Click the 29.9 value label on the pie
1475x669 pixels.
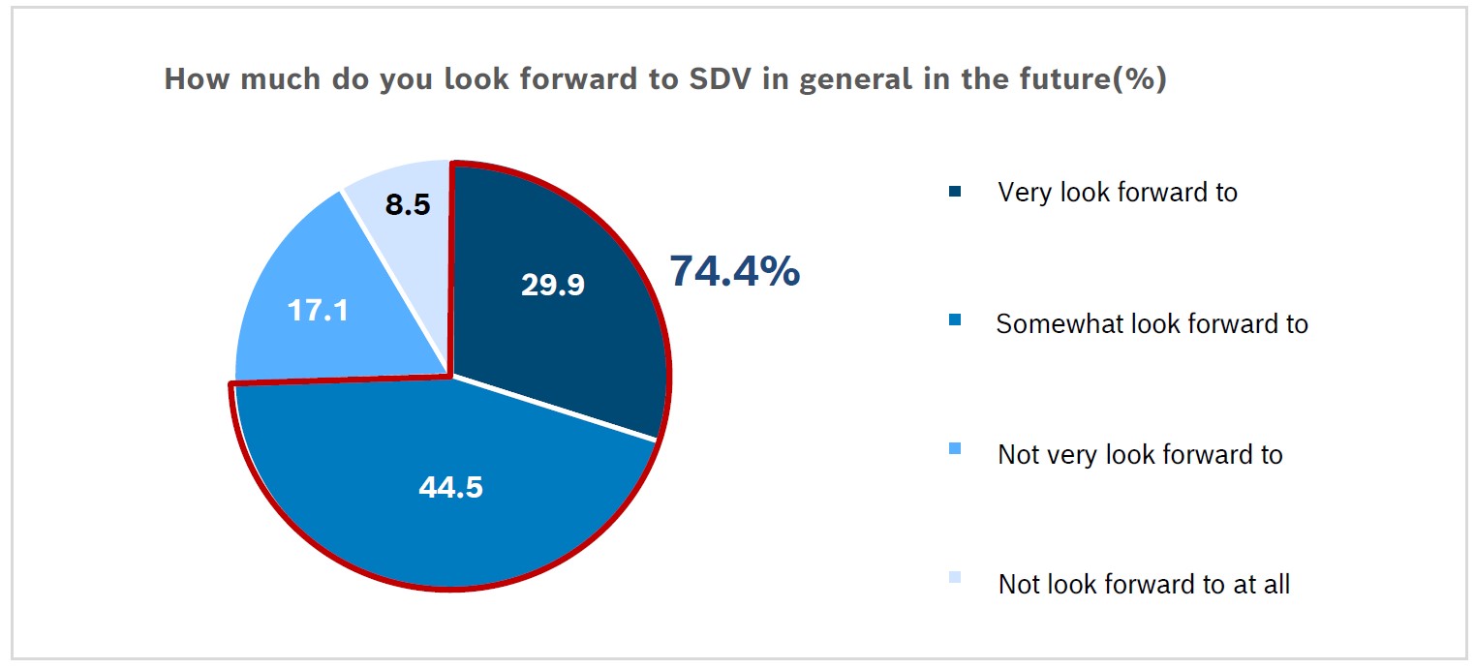click(x=552, y=286)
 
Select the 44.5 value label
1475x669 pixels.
click(x=450, y=487)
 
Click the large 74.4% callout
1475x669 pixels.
click(x=734, y=271)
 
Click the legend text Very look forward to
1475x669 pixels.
click(x=1118, y=192)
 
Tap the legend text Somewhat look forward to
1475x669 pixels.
click(x=1152, y=323)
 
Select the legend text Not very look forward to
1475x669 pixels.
click(x=1140, y=454)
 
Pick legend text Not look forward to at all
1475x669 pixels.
click(x=1144, y=585)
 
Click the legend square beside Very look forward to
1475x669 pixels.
click(x=956, y=192)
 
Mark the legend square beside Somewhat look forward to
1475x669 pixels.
click(x=956, y=319)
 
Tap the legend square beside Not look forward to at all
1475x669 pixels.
click(x=956, y=577)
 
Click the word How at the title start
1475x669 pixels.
click(x=196, y=79)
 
